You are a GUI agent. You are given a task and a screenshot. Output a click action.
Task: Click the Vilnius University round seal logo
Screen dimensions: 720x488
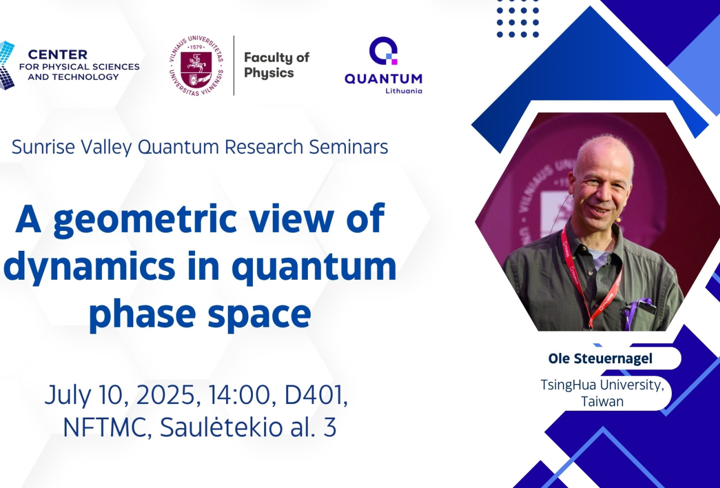pyautogui.click(x=196, y=66)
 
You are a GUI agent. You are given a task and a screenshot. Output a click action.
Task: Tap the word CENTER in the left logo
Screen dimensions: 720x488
pyautogui.click(x=57, y=54)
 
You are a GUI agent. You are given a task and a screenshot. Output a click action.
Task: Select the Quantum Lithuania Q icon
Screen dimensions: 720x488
pyautogui.click(x=383, y=51)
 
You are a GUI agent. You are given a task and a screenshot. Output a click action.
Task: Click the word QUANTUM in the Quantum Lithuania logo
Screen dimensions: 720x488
pyautogui.click(x=383, y=79)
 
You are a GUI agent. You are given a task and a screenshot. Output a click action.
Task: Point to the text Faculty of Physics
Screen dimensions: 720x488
pyautogui.click(x=277, y=65)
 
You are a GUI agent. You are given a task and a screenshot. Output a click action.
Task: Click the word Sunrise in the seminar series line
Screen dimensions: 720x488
pyautogui.click(x=44, y=147)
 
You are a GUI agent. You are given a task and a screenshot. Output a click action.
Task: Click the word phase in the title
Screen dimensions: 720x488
pyautogui.click(x=142, y=314)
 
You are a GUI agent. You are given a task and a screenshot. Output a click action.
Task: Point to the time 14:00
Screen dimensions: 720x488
pyautogui.click(x=239, y=395)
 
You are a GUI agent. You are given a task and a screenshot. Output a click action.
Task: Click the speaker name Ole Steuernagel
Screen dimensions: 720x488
pyautogui.click(x=600, y=359)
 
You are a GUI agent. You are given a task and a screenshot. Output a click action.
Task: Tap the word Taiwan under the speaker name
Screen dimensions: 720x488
pyautogui.click(x=602, y=402)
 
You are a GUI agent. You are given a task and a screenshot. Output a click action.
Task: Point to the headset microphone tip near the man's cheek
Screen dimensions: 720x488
pyautogui.click(x=617, y=220)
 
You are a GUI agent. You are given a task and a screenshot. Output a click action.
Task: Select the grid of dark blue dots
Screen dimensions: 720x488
pyautogui.click(x=518, y=23)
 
